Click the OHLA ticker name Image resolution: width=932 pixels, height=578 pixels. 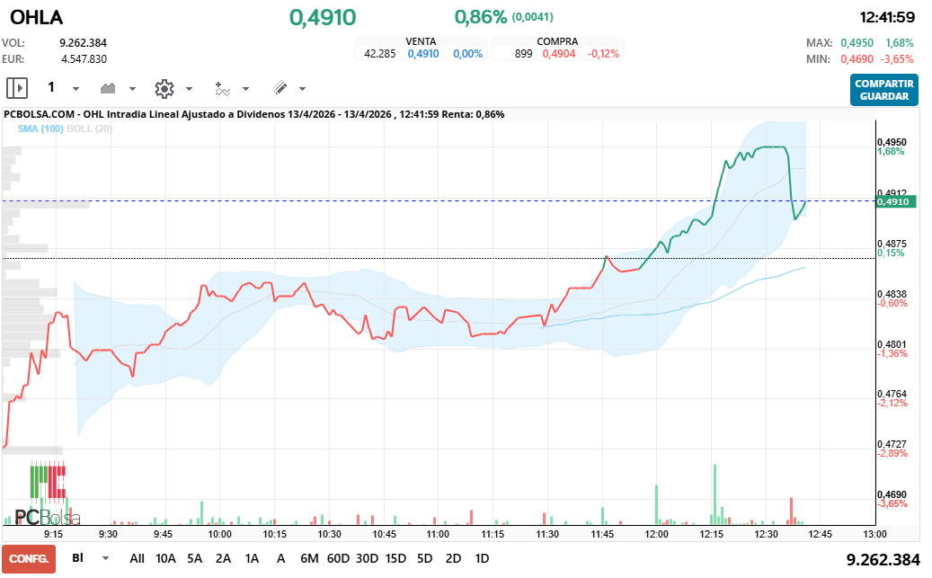[x=37, y=17]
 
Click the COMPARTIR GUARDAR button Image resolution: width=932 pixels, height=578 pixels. [x=884, y=90]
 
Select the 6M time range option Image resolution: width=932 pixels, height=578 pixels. [x=309, y=558]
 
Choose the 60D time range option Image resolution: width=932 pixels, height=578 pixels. [x=338, y=558]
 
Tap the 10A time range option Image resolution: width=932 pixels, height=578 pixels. [x=165, y=558]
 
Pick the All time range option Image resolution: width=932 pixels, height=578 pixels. [x=137, y=558]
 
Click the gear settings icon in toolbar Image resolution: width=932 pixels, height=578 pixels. [x=164, y=88]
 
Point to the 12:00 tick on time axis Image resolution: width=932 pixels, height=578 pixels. [x=656, y=533]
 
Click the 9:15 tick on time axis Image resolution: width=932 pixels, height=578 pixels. [x=53, y=533]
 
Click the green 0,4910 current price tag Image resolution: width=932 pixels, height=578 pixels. [x=896, y=202]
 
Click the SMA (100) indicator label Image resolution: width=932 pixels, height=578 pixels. [x=40, y=129]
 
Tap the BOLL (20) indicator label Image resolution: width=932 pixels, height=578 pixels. [x=89, y=129]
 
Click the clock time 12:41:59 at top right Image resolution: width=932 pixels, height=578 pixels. [x=887, y=17]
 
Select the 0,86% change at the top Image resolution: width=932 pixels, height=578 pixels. [x=481, y=17]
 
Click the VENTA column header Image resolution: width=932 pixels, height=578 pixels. [x=422, y=41]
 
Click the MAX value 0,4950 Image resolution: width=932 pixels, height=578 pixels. [x=857, y=43]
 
